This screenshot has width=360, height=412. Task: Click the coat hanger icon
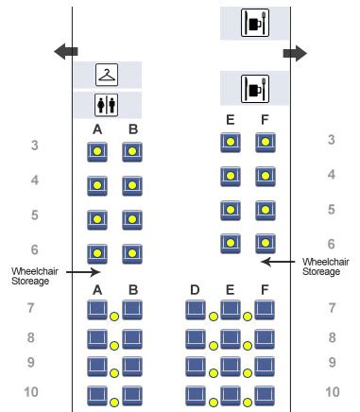[107, 75]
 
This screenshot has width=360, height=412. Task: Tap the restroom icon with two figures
[107, 105]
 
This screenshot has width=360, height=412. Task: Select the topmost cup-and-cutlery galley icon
[255, 23]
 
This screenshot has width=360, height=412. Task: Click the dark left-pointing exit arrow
[66, 51]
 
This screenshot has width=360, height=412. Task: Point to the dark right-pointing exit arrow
[295, 53]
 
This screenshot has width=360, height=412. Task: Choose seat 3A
[97, 152]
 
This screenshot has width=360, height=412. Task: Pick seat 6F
[266, 244]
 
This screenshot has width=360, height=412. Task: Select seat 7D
[196, 310]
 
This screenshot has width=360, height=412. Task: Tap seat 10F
[265, 396]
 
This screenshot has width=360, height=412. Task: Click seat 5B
[132, 220]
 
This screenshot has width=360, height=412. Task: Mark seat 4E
[231, 177]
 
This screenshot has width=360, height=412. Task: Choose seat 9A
[97, 367]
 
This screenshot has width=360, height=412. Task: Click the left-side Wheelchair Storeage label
[35, 276]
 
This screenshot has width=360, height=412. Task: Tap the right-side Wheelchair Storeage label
[326, 266]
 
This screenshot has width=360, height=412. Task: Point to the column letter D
[195, 290]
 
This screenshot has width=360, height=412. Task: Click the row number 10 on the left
[31, 392]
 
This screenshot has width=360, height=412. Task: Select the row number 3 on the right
[331, 140]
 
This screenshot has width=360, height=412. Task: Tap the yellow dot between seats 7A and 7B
[114, 317]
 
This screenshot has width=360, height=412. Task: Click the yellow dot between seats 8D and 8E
[214, 346]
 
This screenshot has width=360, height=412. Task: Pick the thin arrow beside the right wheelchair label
[278, 262]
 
